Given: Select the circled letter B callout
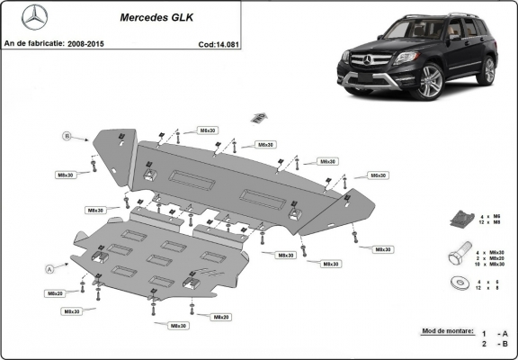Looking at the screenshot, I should [x=66, y=136].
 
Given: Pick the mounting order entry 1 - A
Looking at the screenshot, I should [x=490, y=332].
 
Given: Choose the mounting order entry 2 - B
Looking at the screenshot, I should [x=490, y=344].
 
